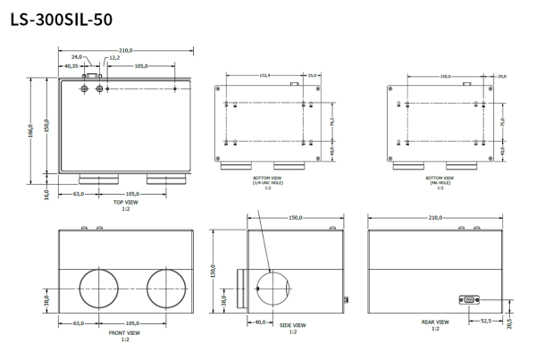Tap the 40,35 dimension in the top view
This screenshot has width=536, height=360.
click(x=70, y=66)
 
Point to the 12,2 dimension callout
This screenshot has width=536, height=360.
click(x=113, y=57)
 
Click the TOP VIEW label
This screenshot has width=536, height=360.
click(x=125, y=203)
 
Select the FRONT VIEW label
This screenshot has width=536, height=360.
click(x=125, y=334)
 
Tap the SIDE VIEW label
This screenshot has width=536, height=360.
click(x=292, y=325)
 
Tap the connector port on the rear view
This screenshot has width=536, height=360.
click(x=468, y=301)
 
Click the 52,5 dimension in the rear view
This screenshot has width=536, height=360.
click(x=486, y=320)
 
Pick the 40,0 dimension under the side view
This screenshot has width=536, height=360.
click(x=260, y=322)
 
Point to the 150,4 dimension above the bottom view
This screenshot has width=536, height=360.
click(x=266, y=76)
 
